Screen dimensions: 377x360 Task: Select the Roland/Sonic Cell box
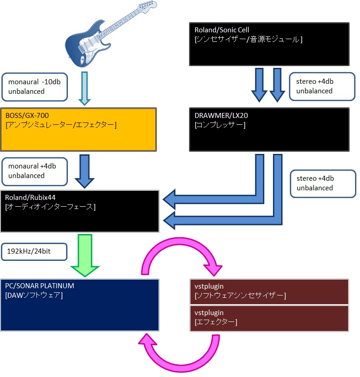click(x=269, y=44)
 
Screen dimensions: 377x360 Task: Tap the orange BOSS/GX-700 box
click(x=78, y=129)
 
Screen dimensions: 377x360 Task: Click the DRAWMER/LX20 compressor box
click(x=269, y=129)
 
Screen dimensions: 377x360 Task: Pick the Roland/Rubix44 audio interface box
click(x=80, y=211)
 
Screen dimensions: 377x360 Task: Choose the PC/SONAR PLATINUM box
click(x=80, y=305)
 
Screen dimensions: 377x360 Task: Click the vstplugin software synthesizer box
click(x=269, y=291)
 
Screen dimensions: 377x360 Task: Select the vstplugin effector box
click(x=269, y=318)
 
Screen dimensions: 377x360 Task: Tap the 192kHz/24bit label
click(x=35, y=251)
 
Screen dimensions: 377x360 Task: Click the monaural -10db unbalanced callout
click(x=35, y=87)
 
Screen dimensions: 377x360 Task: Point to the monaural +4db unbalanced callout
click(x=35, y=171)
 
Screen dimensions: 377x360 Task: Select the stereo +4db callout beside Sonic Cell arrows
click(x=322, y=86)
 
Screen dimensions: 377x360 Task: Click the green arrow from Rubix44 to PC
click(x=85, y=255)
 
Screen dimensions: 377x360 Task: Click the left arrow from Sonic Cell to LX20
click(x=259, y=84)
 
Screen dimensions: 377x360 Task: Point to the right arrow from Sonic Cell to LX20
click(x=277, y=84)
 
